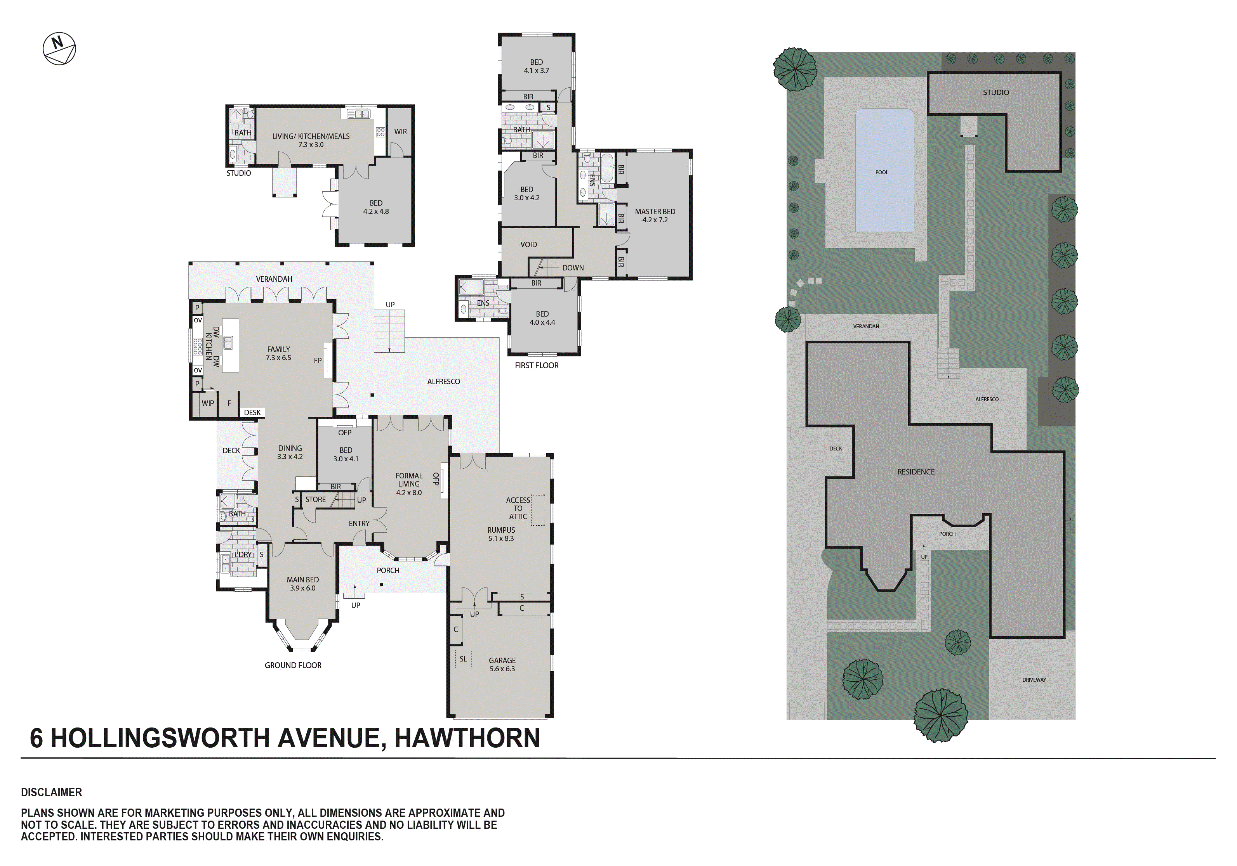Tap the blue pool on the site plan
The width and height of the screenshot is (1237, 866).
click(x=884, y=171)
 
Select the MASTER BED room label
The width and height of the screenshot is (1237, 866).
click(x=655, y=215)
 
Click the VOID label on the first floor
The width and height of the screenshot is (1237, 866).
click(x=528, y=244)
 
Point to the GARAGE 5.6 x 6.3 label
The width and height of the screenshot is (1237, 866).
click(x=502, y=664)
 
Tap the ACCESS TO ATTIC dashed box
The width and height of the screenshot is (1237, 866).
click(x=538, y=509)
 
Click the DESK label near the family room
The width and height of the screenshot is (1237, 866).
click(x=252, y=412)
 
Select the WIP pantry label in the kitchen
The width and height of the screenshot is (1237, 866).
click(x=207, y=403)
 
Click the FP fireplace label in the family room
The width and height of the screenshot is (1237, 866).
click(x=317, y=360)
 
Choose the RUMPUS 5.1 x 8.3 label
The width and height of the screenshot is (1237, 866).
click(x=500, y=534)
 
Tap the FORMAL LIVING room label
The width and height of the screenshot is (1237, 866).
click(x=408, y=483)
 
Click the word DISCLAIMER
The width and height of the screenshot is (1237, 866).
click(x=51, y=792)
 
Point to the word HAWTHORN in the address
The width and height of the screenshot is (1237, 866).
click(x=467, y=738)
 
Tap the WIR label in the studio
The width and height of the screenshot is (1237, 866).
click(x=400, y=132)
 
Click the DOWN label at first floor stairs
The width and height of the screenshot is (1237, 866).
click(x=573, y=268)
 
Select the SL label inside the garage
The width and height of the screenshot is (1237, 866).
click(x=463, y=659)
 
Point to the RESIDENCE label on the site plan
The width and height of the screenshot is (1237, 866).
click(x=916, y=472)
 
